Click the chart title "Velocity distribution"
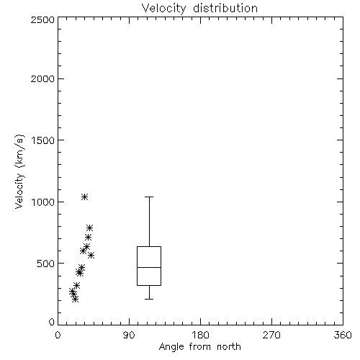click(199, 9)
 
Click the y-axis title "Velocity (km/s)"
click(19, 171)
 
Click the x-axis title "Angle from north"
click(199, 347)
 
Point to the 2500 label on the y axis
click(42, 19)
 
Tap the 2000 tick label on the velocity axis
click(42, 78)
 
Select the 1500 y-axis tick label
click(43, 140)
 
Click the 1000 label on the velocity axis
click(43, 202)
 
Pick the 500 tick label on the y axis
click(46, 264)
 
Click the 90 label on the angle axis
click(129, 335)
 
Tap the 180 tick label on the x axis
click(200, 335)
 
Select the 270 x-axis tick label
click(271, 335)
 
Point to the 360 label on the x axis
click(343, 335)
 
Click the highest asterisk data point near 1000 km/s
click(84, 197)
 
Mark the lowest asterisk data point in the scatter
click(76, 299)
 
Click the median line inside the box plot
click(149, 267)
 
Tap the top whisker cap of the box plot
click(149, 197)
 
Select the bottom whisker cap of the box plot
click(149, 299)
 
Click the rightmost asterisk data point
click(91, 255)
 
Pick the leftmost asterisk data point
click(72, 292)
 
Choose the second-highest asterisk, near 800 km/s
click(90, 228)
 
